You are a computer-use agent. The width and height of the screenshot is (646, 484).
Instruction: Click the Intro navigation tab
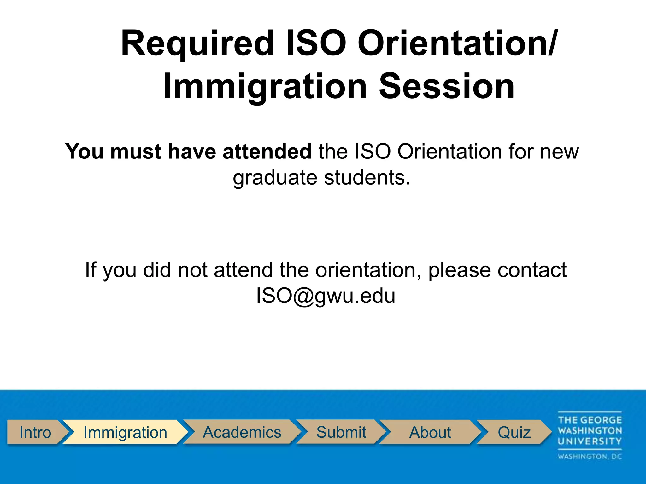tap(35, 432)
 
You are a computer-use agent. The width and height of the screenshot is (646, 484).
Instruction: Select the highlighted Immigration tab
tap(125, 432)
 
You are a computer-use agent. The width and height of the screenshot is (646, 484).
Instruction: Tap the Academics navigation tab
tap(242, 432)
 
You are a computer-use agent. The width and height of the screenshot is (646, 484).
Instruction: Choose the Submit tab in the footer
tap(341, 432)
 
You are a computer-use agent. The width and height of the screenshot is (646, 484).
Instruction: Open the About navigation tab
tap(430, 432)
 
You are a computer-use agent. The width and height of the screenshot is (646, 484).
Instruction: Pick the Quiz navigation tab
tap(514, 432)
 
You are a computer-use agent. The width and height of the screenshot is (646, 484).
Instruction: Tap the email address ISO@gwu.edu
tap(326, 296)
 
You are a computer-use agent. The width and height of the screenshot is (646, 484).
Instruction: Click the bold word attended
tap(267, 152)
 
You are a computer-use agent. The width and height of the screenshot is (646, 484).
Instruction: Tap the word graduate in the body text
tap(275, 178)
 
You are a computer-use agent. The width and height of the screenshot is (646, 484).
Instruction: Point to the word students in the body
tap(367, 178)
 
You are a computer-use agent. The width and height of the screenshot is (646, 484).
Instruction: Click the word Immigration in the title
tap(265, 86)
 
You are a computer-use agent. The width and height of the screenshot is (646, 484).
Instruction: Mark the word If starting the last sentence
tap(91, 270)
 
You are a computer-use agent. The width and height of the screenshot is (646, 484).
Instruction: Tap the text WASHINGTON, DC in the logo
tap(590, 457)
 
